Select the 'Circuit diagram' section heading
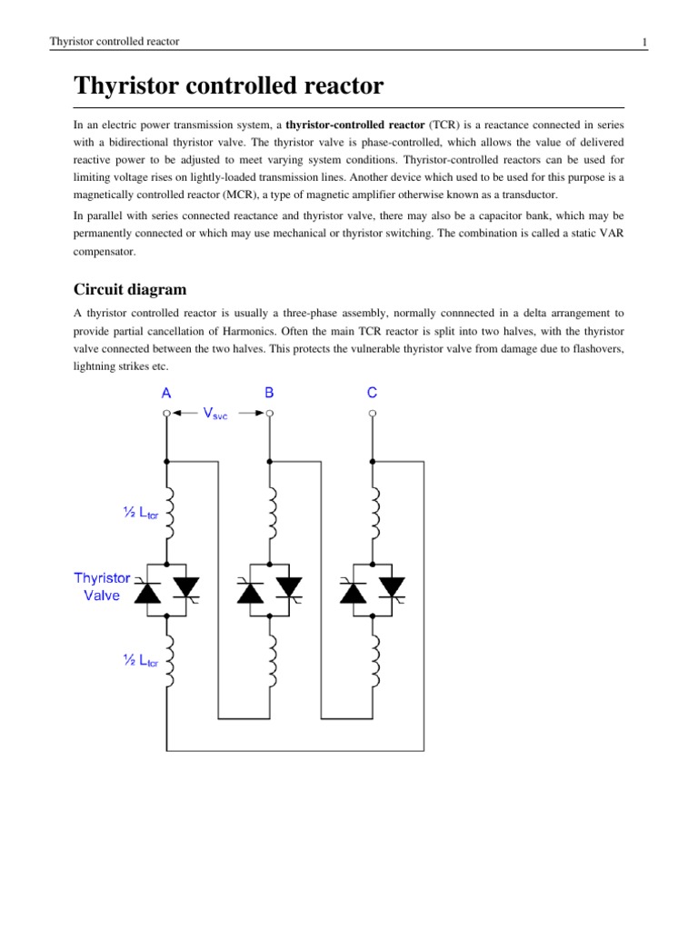(130, 290)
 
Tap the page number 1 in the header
(643, 42)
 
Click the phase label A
(166, 393)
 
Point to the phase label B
(269, 393)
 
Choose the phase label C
(372, 393)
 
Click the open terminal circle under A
(166, 414)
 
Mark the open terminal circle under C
(372, 414)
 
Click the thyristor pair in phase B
(270, 590)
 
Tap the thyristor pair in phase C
(373, 590)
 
